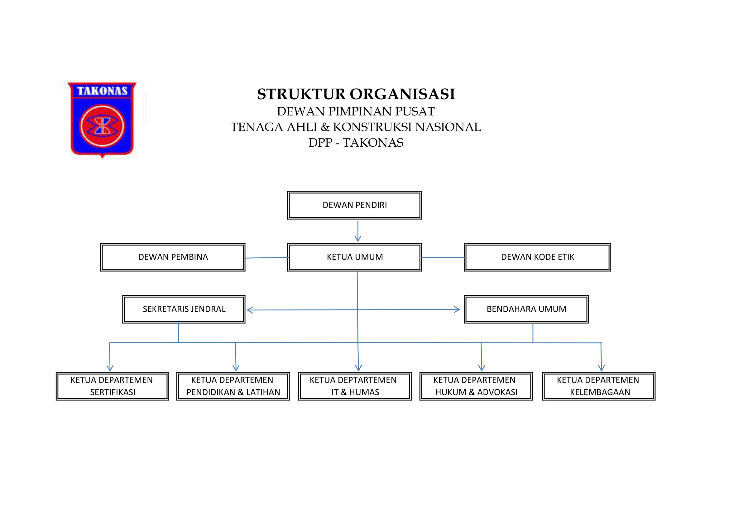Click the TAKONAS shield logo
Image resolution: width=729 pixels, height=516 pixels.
tap(102, 120)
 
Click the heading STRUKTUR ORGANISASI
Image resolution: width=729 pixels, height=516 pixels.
tap(356, 94)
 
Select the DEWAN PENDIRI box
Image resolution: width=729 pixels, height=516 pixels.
tap(354, 205)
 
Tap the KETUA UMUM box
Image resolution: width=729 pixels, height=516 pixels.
tap(354, 257)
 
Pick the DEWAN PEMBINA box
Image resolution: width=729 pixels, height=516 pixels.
tap(173, 257)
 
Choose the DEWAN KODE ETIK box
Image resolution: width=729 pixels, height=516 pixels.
tap(537, 257)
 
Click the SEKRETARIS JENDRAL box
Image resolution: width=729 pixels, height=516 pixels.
tap(184, 309)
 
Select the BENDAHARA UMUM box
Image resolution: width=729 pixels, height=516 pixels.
tap(526, 309)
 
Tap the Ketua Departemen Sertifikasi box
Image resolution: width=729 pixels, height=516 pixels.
tap(113, 386)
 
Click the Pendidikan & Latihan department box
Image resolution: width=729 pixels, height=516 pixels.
tap(233, 386)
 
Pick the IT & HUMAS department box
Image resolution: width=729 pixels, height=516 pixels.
tap(355, 386)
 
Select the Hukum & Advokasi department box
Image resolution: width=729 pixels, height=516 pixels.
tap(476, 386)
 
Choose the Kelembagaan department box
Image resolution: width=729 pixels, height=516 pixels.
tap(598, 386)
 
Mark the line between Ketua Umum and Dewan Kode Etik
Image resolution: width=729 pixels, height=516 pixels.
tap(443, 257)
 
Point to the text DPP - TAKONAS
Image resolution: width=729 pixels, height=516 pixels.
tap(356, 143)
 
